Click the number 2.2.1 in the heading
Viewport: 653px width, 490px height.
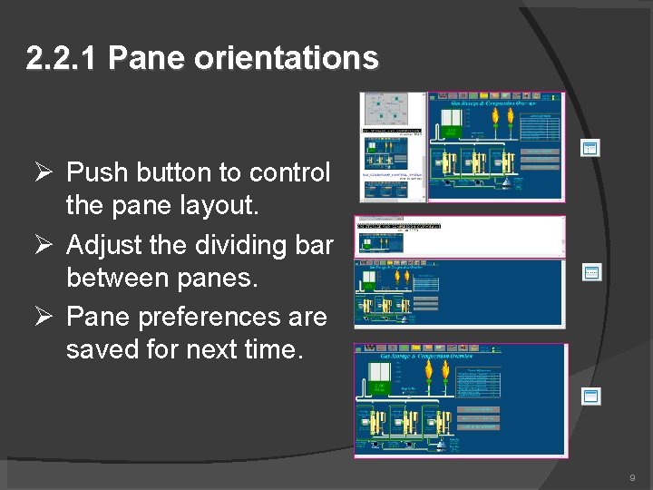pos(63,59)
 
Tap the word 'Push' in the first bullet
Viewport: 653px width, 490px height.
pos(99,172)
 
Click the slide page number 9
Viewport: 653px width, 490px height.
pos(631,477)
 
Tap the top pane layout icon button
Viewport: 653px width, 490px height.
pos(590,148)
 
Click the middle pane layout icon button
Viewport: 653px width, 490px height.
pos(591,271)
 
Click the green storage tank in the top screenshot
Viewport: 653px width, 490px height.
pos(452,132)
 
